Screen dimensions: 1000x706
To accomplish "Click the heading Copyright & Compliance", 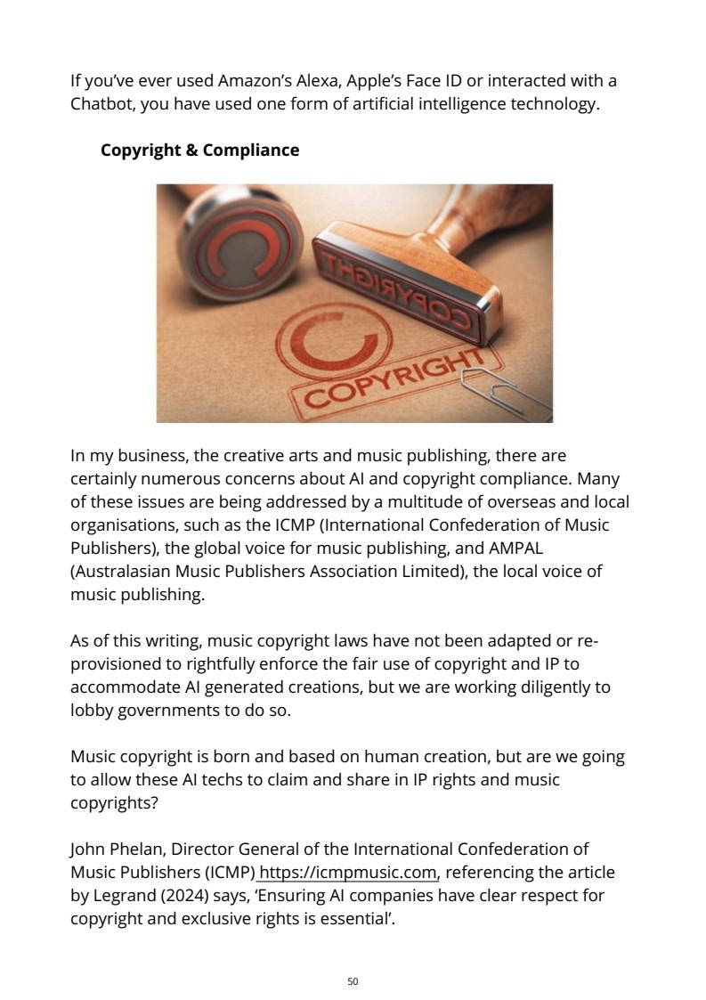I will pyautogui.click(x=199, y=150).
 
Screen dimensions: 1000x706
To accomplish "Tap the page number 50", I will pyautogui.click(x=353, y=981).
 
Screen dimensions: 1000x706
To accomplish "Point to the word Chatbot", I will pyautogui.click(x=102, y=104).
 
